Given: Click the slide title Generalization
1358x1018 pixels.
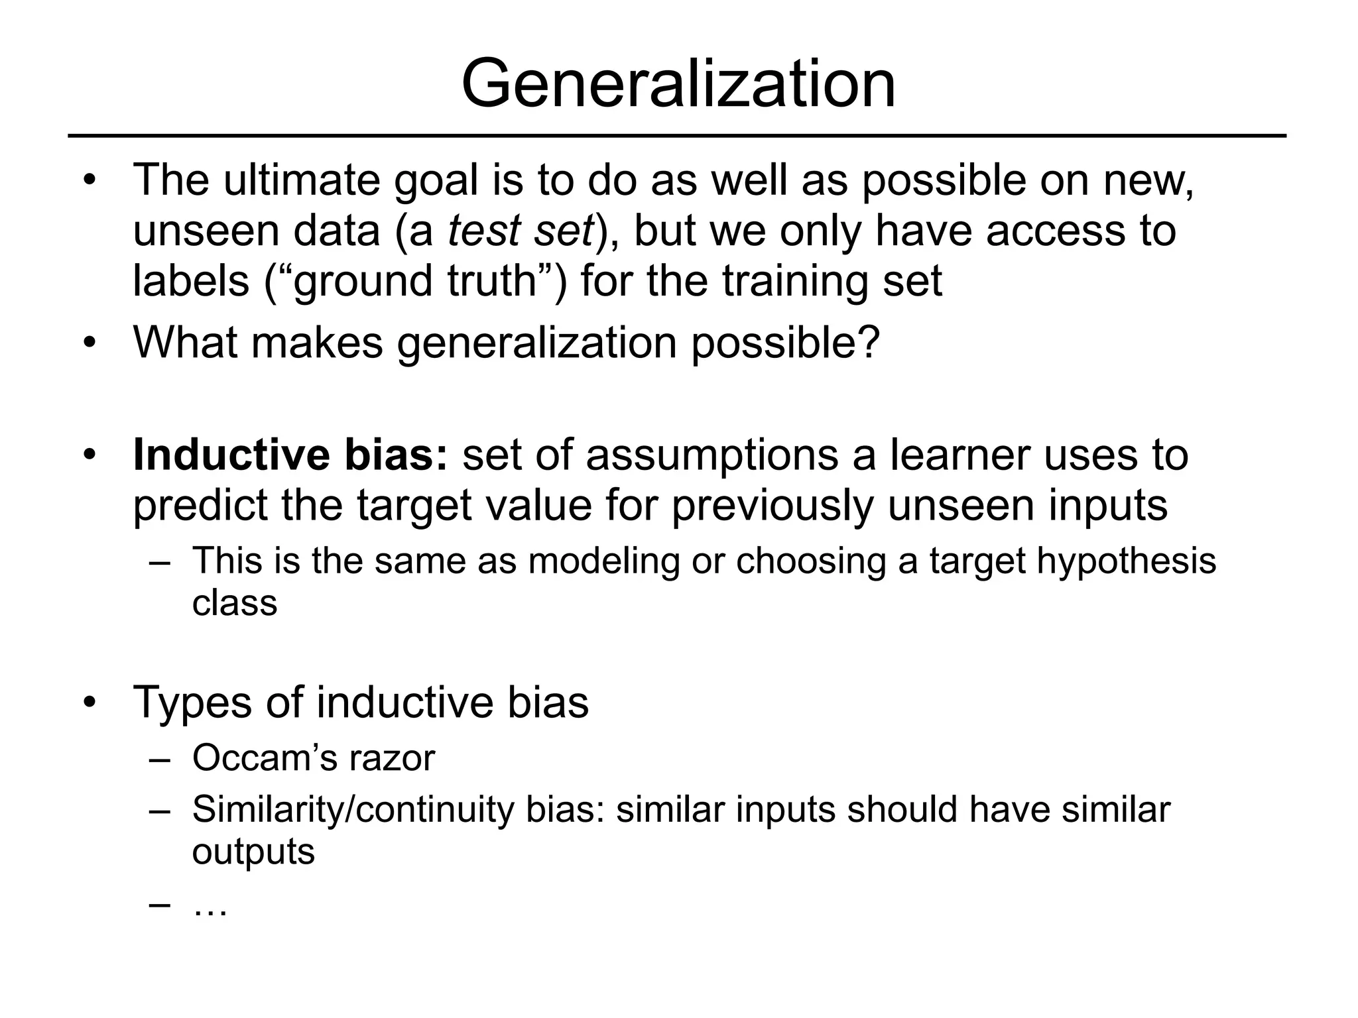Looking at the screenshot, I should (678, 85).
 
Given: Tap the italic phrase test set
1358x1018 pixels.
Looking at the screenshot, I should (521, 231).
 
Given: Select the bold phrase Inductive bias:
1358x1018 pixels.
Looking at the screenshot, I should (290, 455).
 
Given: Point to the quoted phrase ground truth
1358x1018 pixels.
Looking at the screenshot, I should (415, 281).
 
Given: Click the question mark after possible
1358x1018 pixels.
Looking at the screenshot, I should (870, 343).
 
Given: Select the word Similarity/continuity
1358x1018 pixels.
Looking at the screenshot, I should (353, 810).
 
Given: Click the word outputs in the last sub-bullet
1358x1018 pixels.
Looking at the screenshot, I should (253, 852).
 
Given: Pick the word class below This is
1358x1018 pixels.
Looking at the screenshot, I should (234, 603).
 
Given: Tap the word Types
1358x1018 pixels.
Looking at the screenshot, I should (192, 703).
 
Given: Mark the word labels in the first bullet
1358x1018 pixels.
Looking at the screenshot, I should (191, 281).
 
